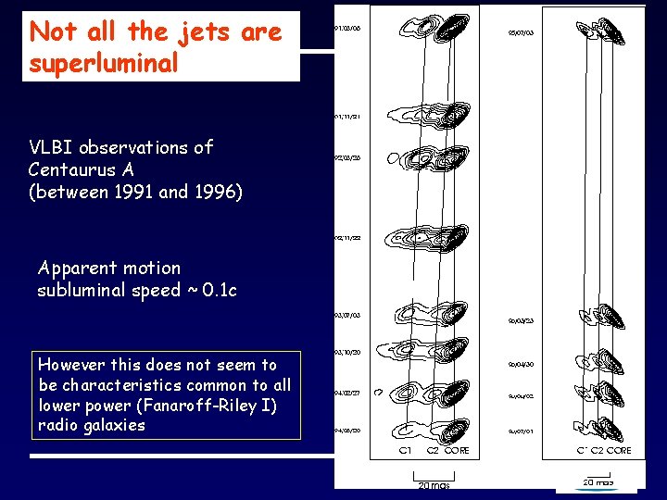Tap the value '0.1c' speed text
coord(219,291)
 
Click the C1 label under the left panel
coord(406,451)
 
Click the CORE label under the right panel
coord(621,451)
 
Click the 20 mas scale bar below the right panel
coord(597,481)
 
